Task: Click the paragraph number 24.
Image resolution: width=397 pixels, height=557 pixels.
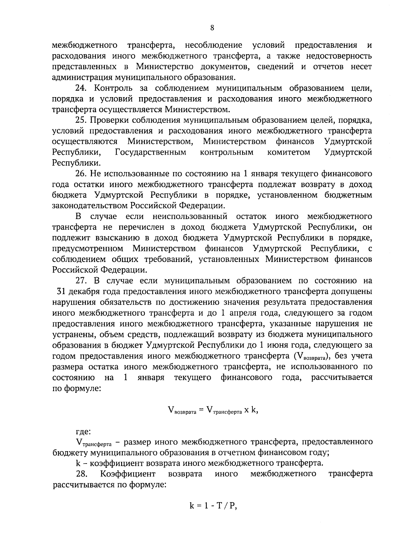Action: tap(80, 88)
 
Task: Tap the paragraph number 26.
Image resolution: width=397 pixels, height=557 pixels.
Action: tap(81, 174)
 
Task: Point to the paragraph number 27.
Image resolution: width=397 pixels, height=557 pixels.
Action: tap(81, 281)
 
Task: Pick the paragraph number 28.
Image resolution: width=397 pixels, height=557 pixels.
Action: tap(81, 474)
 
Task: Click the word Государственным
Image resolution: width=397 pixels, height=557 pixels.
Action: tap(151, 152)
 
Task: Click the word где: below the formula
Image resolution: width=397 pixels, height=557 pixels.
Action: tap(83, 431)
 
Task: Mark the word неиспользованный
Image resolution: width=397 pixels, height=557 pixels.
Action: tap(190, 217)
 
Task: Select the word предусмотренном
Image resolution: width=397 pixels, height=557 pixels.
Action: tap(88, 248)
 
